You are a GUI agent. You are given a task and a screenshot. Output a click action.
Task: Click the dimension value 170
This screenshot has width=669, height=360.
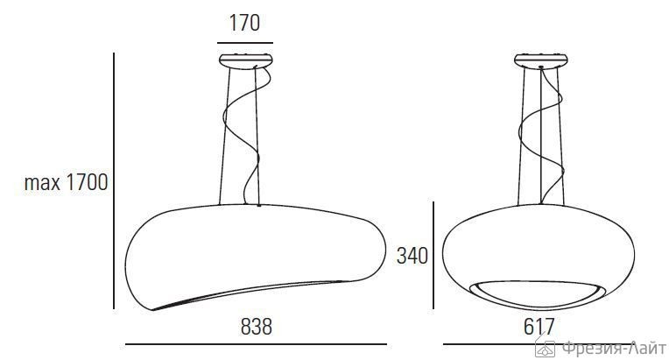click(x=243, y=23)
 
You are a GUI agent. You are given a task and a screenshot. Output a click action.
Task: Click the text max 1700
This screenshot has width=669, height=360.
click(x=66, y=184)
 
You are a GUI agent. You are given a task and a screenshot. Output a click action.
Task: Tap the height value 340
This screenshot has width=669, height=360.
click(x=412, y=256)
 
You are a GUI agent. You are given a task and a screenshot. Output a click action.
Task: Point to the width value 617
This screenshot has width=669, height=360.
click(x=539, y=328)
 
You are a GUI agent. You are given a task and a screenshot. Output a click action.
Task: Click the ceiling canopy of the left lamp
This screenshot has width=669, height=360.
click(x=244, y=60)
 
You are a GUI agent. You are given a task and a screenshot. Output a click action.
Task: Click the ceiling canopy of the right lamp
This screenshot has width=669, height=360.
click(x=541, y=60)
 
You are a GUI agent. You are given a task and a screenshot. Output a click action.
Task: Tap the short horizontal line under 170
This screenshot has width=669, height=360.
click(x=244, y=42)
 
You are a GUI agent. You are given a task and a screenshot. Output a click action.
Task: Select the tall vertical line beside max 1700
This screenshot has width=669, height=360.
click(x=115, y=180)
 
